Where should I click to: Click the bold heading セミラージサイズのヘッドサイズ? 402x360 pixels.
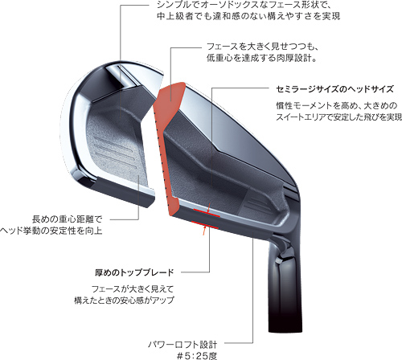pos(334,89)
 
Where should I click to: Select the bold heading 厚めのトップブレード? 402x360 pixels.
pos(134,272)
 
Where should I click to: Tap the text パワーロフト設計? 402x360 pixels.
pos(183,344)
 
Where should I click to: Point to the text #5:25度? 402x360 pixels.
pos(197,356)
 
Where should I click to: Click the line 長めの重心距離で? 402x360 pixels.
pos(67,219)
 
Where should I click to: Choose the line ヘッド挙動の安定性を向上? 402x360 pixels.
pos(51,231)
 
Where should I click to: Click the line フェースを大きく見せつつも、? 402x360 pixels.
pos(262,47)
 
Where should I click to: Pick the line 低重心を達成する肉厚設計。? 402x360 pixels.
pos(261,58)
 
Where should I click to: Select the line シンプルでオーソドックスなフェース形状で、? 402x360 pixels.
pos(244,5)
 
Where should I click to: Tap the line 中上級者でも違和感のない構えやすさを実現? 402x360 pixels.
pos(248,16)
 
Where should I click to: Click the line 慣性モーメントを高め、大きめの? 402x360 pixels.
pos(337,105)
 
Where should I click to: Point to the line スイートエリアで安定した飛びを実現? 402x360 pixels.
pos(339,117)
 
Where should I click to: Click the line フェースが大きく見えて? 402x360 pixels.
pos(133,289)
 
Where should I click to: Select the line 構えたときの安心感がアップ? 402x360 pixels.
pos(124,301)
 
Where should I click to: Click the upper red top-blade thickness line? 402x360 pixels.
pos(207,213)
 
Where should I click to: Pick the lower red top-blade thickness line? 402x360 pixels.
pos(205,225)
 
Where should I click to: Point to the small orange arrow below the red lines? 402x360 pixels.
pos(204,231)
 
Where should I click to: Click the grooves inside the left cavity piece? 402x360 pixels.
pos(116,152)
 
